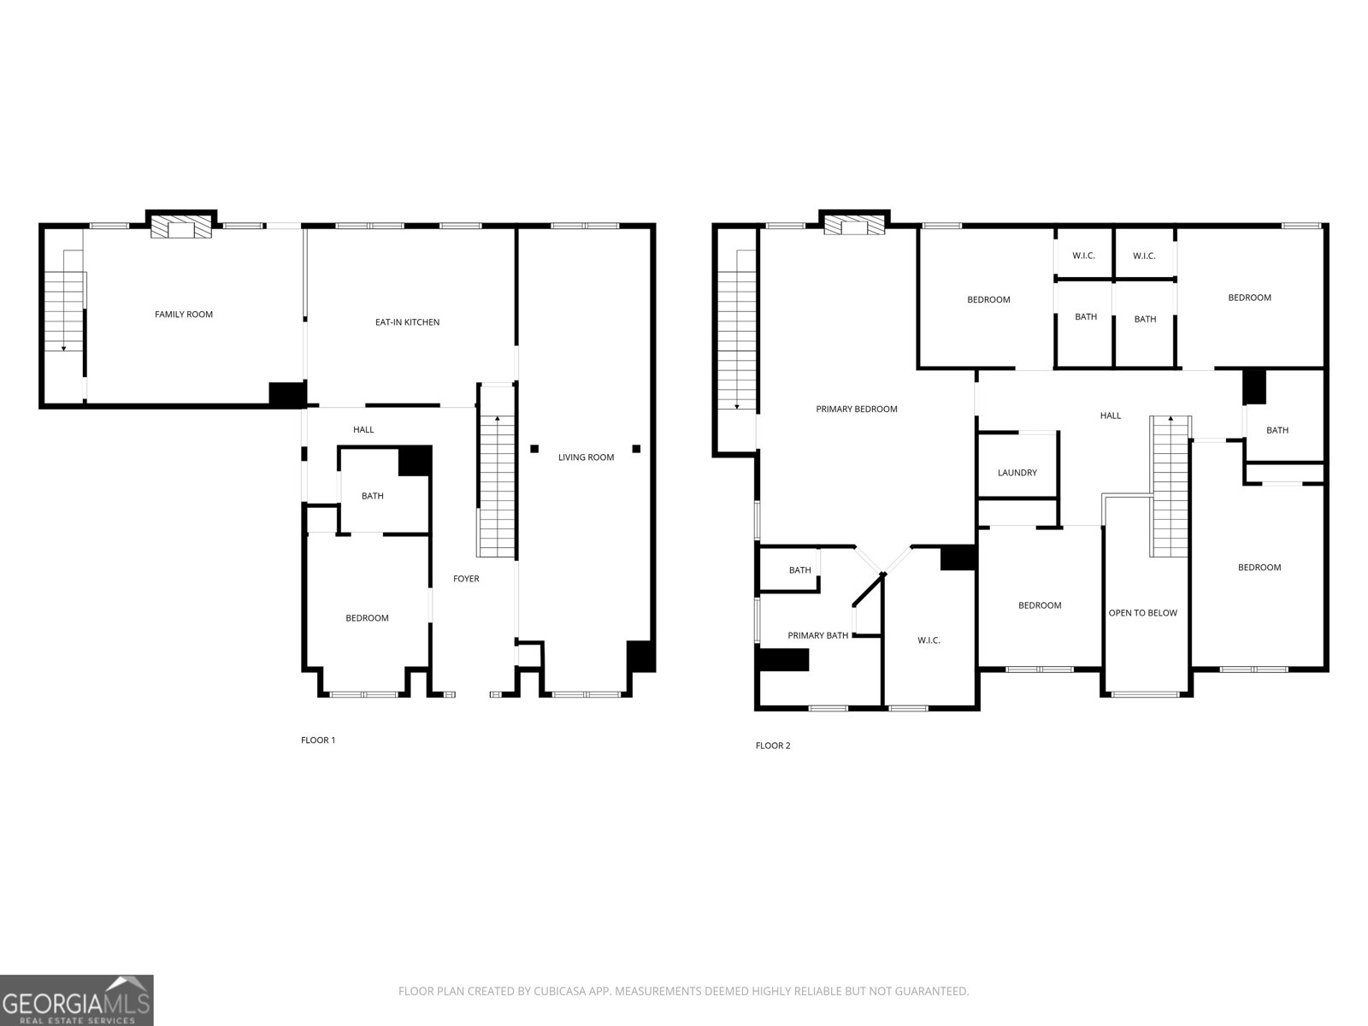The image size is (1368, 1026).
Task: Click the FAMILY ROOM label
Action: [x=183, y=315]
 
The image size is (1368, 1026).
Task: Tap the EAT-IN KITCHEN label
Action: [x=407, y=322]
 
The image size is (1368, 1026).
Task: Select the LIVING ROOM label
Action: [x=586, y=457]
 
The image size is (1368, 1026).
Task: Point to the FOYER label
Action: [x=466, y=579]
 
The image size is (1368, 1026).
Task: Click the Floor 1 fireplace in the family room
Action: [x=180, y=227]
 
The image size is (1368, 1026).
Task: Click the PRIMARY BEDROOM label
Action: [x=856, y=410]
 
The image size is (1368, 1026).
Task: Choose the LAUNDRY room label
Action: [x=1017, y=473]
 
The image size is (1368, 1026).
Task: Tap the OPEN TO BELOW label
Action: [x=1142, y=613]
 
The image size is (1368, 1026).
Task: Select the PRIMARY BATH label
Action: [x=817, y=635]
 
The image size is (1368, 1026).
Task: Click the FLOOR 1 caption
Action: [x=318, y=740]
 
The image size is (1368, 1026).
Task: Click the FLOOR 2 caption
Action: [x=773, y=746]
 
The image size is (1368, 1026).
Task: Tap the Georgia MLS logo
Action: [x=76, y=1000]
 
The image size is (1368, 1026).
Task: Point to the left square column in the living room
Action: [x=534, y=448]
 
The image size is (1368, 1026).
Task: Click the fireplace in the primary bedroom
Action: [x=853, y=226]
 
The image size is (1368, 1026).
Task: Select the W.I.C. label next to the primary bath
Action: [x=929, y=640]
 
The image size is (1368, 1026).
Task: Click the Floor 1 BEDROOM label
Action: [x=367, y=618]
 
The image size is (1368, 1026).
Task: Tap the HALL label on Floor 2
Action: [x=1110, y=416]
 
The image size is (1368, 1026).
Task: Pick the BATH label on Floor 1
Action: [x=372, y=496]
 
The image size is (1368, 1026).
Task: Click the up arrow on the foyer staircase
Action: [x=498, y=419]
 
